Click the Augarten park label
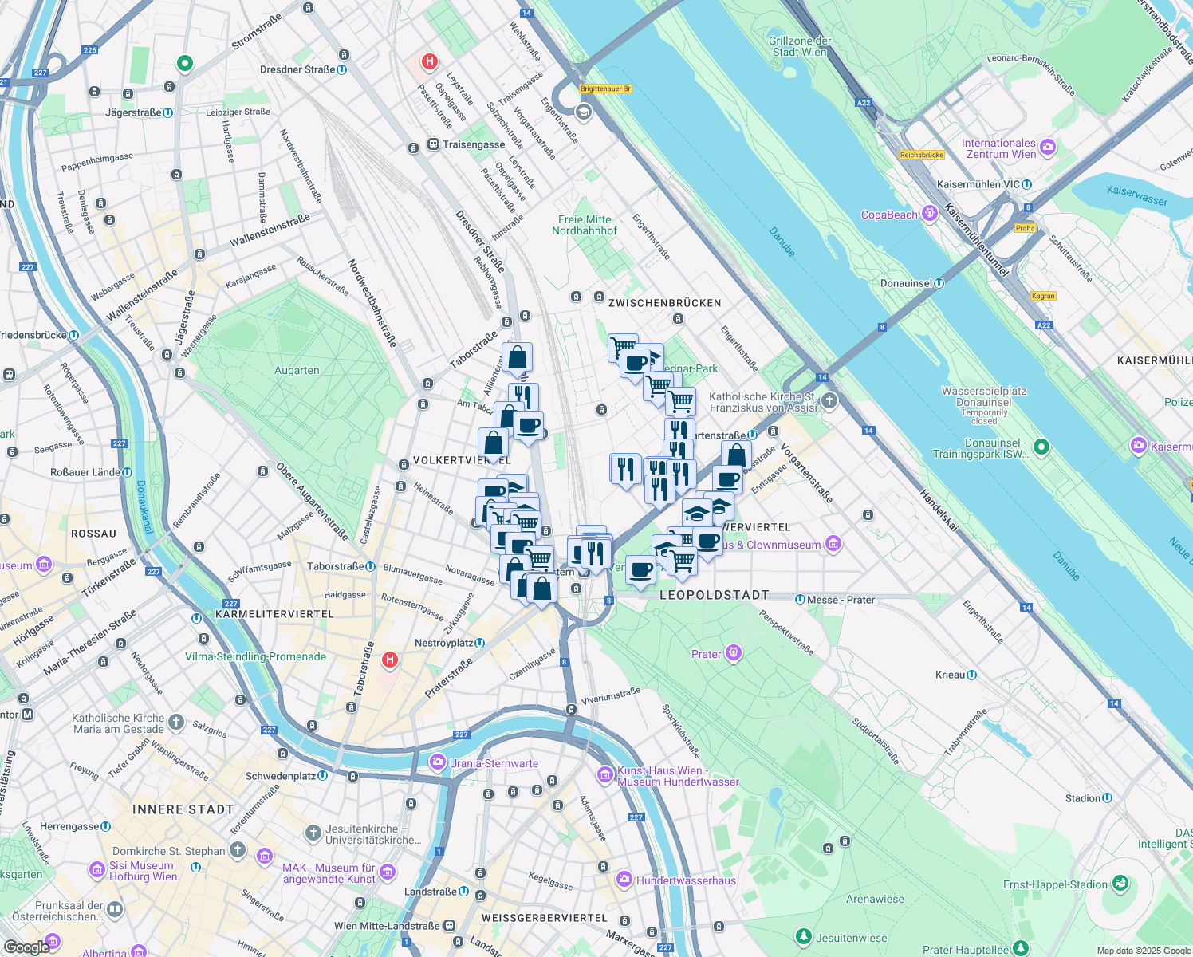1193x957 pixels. [x=297, y=371]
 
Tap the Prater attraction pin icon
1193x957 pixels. [x=734, y=654]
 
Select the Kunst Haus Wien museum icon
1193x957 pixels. [x=606, y=775]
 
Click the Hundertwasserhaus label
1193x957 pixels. [x=686, y=880]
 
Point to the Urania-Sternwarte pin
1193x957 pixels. [x=437, y=763]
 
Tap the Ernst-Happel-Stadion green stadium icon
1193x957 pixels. [x=1121, y=884]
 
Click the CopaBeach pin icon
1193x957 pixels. [x=929, y=214]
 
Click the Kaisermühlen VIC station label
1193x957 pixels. [x=978, y=184]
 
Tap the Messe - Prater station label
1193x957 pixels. [x=841, y=600]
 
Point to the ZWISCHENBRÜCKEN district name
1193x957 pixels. [x=664, y=303]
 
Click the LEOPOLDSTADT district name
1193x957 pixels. [x=714, y=595]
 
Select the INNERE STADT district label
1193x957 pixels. [x=183, y=809]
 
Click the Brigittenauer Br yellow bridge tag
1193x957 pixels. [x=605, y=89]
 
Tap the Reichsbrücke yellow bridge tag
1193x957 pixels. [x=922, y=155]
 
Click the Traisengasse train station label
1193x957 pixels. [x=473, y=144]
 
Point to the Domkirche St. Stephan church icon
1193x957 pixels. [x=238, y=850]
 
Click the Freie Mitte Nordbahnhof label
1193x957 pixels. [x=585, y=225]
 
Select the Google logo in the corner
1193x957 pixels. [x=26, y=947]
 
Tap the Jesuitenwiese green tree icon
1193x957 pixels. [x=804, y=936]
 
